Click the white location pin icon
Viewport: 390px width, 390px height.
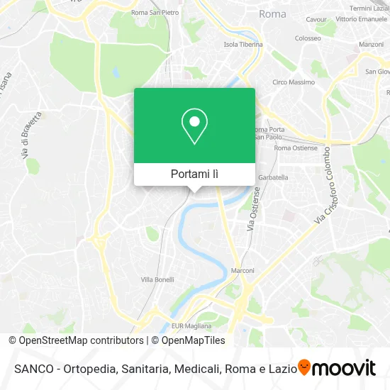point(194,126)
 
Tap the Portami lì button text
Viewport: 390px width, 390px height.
point(194,174)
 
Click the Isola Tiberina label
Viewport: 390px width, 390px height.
point(243,44)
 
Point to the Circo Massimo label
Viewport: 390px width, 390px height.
point(289,82)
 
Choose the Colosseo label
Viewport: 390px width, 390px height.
point(308,38)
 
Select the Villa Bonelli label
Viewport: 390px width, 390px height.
point(157,279)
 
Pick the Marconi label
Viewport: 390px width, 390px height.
point(243,270)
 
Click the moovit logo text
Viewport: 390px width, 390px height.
point(345,368)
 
